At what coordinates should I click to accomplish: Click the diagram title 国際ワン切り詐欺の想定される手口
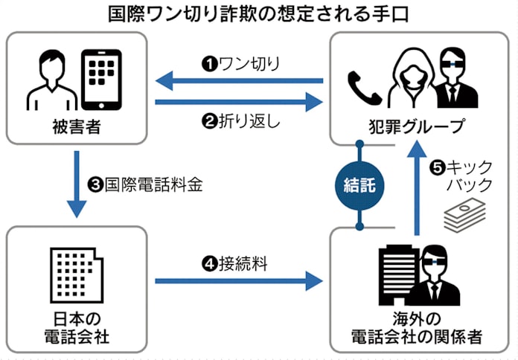pos(258,14)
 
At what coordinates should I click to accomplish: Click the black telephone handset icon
pos(361,86)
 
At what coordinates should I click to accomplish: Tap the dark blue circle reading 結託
pos(359,186)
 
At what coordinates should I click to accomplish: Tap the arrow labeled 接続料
pos(239,281)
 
